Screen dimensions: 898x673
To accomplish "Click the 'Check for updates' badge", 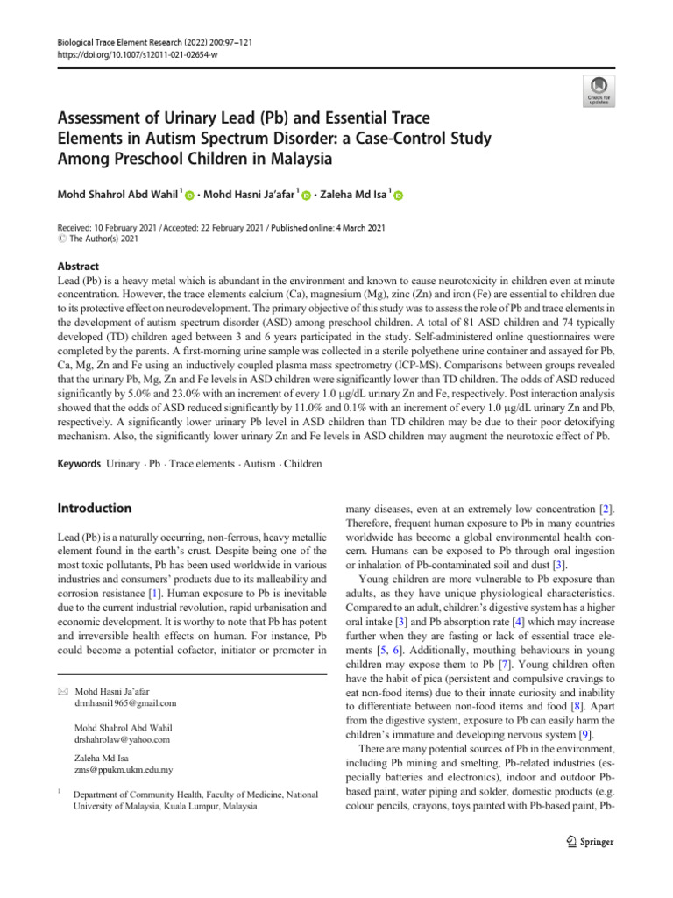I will [599, 90].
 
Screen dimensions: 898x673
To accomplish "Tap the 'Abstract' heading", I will [77, 267].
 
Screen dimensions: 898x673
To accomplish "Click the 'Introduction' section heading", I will [95, 509].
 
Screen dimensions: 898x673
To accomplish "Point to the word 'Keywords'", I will [78, 463].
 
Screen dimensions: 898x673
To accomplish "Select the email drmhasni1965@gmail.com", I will [125, 703].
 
